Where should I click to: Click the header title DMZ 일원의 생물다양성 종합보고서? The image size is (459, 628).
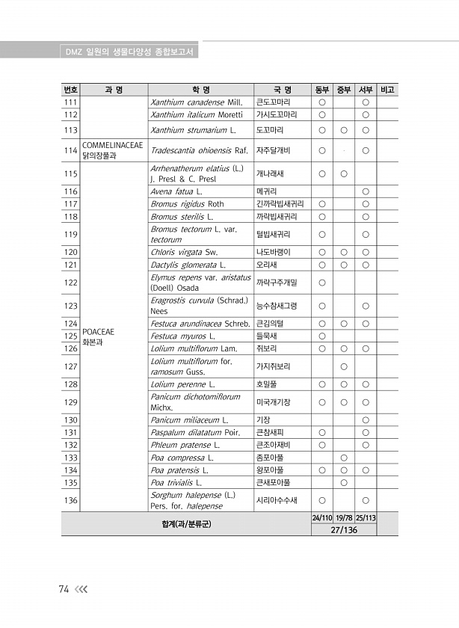[130, 52]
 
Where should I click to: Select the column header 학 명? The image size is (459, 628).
[200, 90]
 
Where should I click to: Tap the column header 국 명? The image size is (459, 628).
[283, 90]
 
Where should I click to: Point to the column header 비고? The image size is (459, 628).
[388, 90]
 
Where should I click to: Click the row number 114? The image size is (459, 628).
[71, 150]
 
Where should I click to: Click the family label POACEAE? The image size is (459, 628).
[98, 331]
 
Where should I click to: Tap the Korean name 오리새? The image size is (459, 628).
[267, 265]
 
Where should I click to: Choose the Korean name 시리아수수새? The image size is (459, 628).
[277, 500]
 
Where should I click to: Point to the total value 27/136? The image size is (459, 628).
[344, 529]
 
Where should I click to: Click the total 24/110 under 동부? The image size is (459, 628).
[322, 517]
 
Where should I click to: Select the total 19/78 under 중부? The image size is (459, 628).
[344, 517]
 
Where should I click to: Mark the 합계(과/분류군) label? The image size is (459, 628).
[186, 523]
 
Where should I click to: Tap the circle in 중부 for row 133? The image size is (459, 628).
[344, 458]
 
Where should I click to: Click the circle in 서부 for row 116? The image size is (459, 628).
[366, 191]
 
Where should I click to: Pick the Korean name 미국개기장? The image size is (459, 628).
[274, 402]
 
